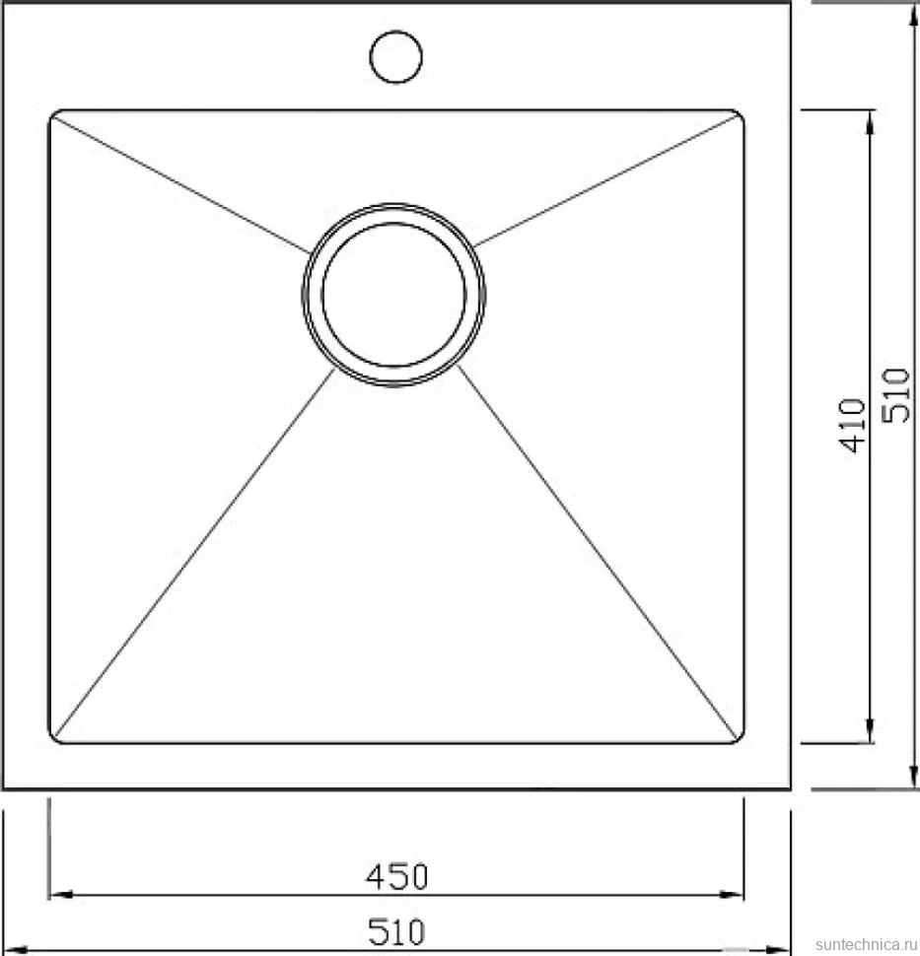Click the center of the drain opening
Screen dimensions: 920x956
394,295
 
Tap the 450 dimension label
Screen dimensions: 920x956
397,877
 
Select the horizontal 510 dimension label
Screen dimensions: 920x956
396,931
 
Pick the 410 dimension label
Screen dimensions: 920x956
852,425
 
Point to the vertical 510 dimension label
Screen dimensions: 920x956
896,395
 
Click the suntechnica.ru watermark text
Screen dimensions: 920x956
866,944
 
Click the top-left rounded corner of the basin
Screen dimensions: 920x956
53,114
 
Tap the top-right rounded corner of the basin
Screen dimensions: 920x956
740,114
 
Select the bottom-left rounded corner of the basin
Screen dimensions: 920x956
53,738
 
